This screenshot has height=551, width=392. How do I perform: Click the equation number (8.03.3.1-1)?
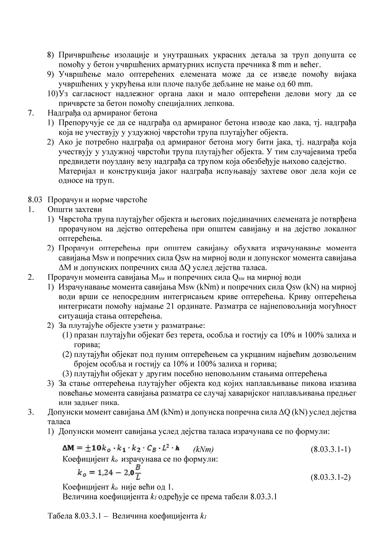pyautogui.click(x=330, y=449)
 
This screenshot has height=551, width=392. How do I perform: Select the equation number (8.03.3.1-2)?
pyautogui.click(x=330, y=477)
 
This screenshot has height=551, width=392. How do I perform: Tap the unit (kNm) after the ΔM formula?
pyautogui.click(x=203, y=449)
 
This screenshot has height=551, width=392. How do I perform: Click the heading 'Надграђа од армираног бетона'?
pyautogui.click(x=102, y=113)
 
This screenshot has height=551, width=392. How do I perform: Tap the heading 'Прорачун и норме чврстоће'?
pyautogui.click(x=97, y=200)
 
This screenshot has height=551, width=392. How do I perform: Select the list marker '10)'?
pyautogui.click(x=53, y=94)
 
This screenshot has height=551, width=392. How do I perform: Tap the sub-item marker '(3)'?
pyautogui.click(x=68, y=373)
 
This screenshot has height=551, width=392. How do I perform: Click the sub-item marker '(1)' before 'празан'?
pyautogui.click(x=68, y=335)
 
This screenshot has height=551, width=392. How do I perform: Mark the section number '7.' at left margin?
pyautogui.click(x=31, y=113)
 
